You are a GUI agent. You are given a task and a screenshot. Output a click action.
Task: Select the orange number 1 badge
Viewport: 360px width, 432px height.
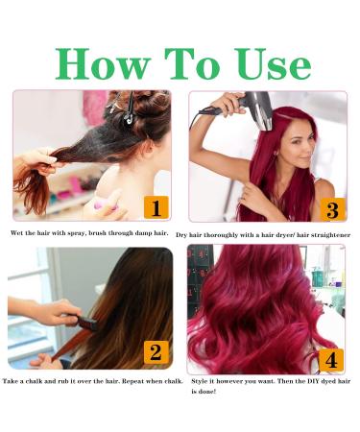155,207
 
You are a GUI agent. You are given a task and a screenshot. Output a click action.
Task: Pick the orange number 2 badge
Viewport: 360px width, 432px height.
155,351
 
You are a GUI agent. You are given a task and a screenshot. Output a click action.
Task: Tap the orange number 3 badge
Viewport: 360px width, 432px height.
330,208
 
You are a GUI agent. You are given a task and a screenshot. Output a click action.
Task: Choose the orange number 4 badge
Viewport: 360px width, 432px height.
330,360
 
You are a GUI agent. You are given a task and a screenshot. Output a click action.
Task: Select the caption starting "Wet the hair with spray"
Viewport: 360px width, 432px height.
89,233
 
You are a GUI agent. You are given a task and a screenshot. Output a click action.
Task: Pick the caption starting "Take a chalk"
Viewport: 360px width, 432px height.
92,381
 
